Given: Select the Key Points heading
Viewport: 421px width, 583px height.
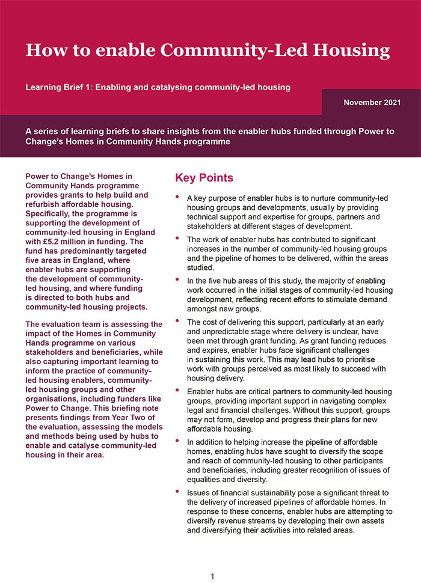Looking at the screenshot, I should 204,178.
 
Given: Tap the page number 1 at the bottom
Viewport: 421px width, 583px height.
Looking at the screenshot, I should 212,577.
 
